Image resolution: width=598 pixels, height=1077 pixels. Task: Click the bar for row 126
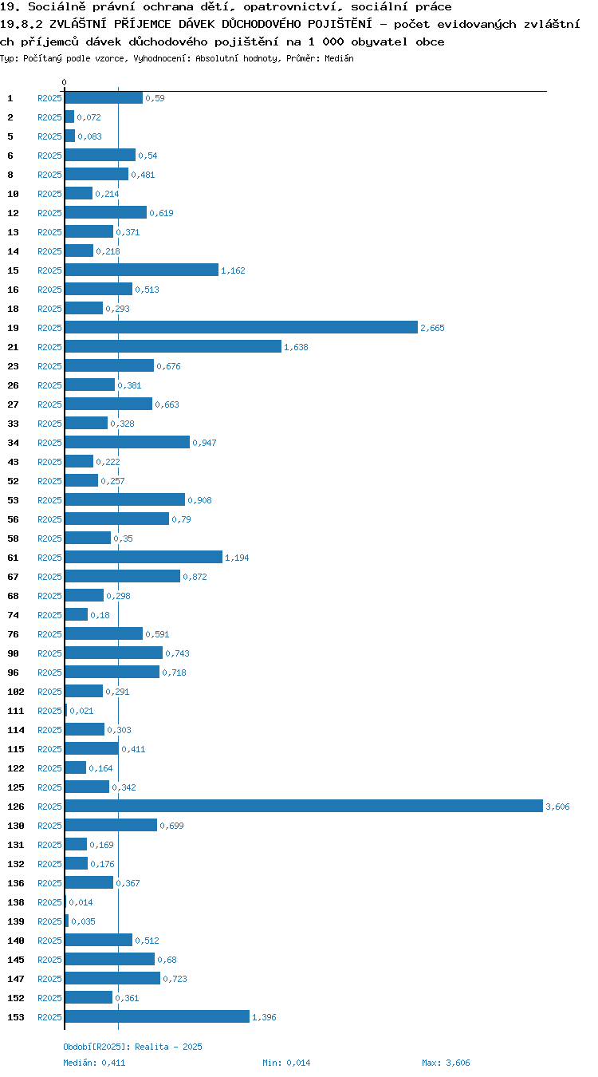304,806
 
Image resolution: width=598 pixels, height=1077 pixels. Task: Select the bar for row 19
242,327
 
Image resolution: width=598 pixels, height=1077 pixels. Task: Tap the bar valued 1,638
173,347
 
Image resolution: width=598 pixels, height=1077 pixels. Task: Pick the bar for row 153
157,1016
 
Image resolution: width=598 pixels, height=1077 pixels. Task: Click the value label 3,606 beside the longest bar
557,807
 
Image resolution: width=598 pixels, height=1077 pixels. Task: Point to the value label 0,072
89,117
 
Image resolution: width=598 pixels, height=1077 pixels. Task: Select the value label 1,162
233,270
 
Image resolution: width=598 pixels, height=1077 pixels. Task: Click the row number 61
13,558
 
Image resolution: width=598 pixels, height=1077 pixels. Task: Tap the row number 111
16,711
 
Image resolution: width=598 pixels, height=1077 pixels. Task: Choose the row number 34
13,443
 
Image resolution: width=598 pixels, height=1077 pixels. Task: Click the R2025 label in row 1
49,98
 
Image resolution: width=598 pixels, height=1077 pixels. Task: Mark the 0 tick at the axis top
64,83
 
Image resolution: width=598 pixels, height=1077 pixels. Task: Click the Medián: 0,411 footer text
94,1063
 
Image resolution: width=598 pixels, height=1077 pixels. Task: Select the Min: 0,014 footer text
286,1063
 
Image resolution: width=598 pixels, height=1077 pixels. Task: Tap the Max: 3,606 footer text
446,1063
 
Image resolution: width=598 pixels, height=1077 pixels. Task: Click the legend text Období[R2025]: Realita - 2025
132,1047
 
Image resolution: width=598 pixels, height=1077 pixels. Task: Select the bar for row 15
141,270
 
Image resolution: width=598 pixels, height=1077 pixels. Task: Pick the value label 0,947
204,443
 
